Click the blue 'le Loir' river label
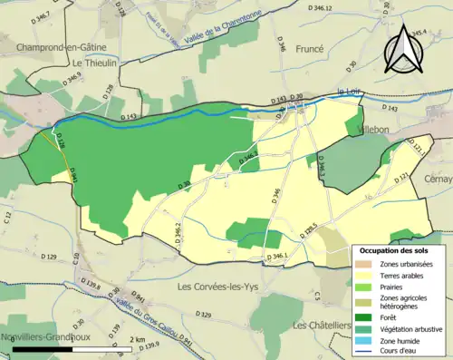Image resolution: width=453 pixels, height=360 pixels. pos(349,92)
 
